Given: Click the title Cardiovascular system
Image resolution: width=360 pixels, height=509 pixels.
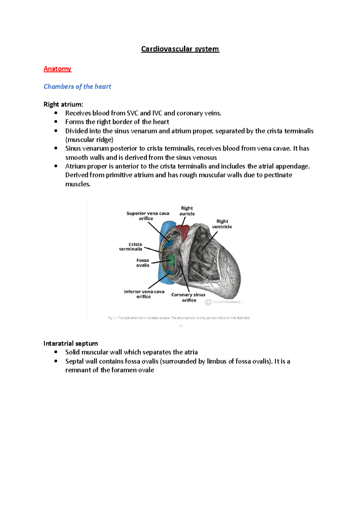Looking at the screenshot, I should point(180,49).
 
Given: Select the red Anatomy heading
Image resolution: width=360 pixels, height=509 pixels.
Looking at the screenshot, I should point(57,69).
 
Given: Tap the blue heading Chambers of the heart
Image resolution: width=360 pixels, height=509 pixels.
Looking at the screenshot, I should point(77,87).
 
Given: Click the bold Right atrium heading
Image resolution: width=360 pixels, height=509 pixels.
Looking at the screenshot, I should point(63,104).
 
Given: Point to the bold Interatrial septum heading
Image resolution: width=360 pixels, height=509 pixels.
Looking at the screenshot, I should point(70,343).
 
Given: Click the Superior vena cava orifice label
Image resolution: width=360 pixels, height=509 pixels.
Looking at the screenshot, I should point(148,216).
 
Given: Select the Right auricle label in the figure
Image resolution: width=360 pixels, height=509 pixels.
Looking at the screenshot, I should point(187,211).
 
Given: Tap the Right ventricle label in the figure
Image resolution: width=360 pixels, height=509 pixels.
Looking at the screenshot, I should point(222,224).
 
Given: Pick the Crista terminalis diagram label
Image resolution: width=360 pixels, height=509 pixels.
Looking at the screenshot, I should point(131,247).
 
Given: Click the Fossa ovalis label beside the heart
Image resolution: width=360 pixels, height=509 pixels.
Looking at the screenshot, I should point(143,263).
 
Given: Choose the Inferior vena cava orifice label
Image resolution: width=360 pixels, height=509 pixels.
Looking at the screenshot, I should point(144,294).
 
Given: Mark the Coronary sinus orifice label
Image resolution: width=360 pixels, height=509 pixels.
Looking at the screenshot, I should point(188,297).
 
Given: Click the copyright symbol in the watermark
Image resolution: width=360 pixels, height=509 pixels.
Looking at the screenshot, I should point(208,302).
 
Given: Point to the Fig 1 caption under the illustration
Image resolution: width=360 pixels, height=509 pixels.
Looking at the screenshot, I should point(179,318).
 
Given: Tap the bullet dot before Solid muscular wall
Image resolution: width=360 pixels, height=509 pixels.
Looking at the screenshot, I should point(56,352).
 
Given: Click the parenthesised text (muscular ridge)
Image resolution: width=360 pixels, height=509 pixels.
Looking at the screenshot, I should point(89,140).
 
